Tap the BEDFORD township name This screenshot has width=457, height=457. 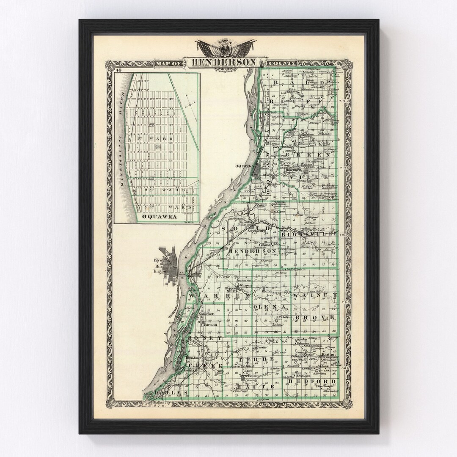point(313,381)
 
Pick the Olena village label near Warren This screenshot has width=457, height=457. point(269,291)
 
